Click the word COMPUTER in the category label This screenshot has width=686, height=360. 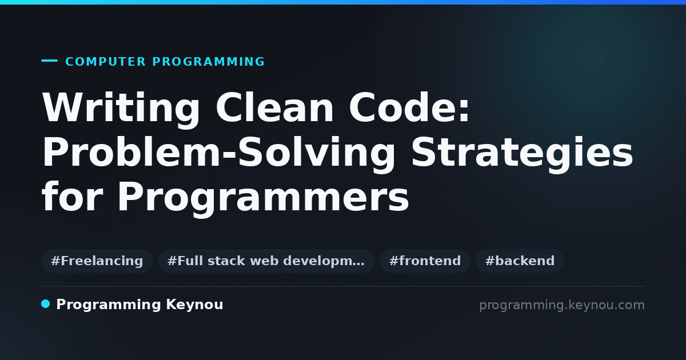(105, 62)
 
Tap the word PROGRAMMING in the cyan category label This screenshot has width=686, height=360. (209, 62)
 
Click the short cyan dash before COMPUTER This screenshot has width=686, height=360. (49, 61)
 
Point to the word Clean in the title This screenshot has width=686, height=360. (275, 108)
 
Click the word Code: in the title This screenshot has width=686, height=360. (409, 108)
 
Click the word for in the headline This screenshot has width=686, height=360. (73, 196)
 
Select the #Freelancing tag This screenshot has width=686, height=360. (97, 261)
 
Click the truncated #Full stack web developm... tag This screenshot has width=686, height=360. (266, 261)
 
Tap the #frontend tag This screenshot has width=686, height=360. (425, 261)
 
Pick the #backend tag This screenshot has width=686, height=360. (520, 261)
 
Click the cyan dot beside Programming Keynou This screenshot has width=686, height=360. (45, 304)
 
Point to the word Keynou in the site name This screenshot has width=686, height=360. (194, 305)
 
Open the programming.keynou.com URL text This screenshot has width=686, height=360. (562, 305)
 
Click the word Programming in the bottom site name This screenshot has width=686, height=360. (109, 305)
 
